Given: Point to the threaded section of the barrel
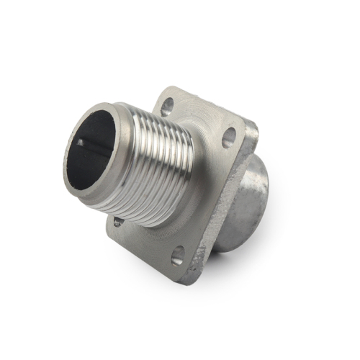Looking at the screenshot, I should click(155, 169).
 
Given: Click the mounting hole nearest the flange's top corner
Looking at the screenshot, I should click(166, 109).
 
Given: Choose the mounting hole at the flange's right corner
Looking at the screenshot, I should click(229, 137).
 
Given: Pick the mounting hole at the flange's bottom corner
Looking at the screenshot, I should click(177, 255).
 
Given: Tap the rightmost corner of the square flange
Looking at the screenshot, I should click(253, 128).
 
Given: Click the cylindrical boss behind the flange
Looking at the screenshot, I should click(245, 202).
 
